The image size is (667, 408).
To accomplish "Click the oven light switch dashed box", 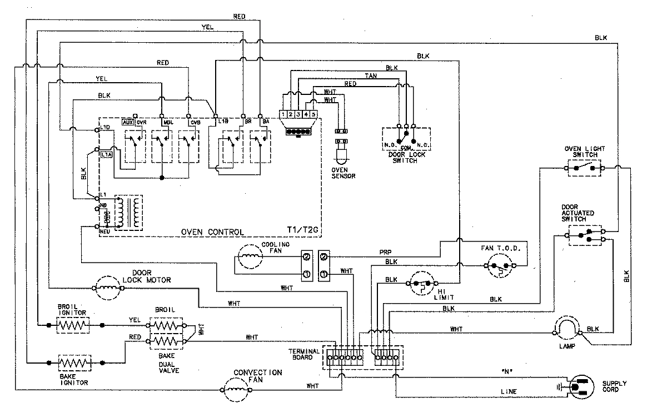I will point(583,167).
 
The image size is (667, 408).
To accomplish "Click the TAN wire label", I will point(371,75).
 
